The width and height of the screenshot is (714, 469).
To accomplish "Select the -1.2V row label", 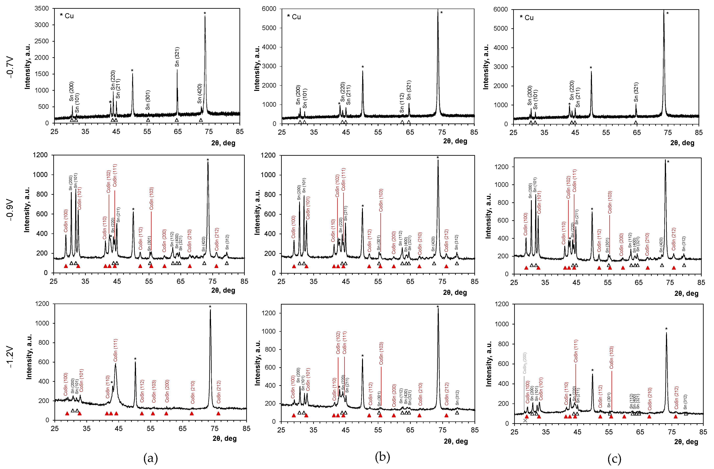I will [x=10, y=357].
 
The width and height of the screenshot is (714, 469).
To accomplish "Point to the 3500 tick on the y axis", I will [x=41, y=8].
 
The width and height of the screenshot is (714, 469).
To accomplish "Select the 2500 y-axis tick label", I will [x=41, y=41].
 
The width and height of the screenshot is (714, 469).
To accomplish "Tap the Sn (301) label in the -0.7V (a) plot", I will [x=148, y=100].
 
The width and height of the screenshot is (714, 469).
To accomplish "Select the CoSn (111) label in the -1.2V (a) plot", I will [x=115, y=350].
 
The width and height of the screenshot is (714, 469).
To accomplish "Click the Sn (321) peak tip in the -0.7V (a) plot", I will [x=177, y=70].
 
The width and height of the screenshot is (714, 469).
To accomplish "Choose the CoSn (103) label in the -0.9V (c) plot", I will [x=610, y=202].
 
